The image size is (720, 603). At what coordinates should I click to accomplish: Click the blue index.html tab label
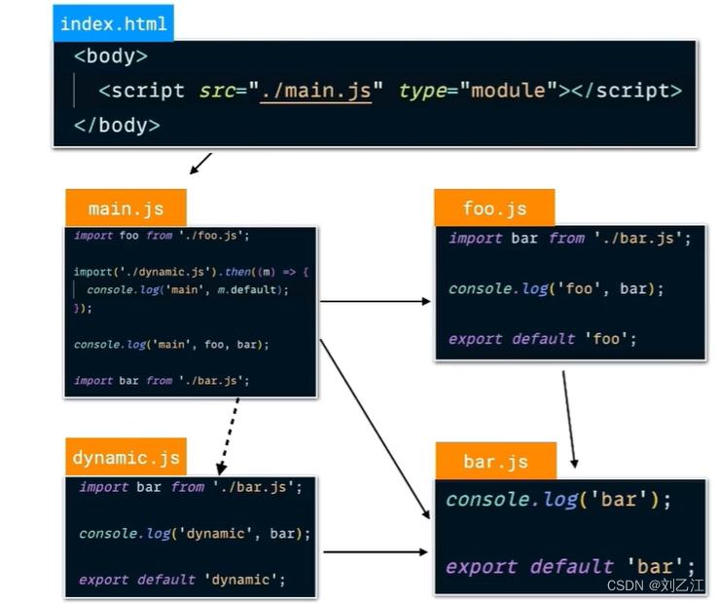pyautogui.click(x=113, y=22)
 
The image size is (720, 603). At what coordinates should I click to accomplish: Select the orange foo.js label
pyautogui.click(x=494, y=208)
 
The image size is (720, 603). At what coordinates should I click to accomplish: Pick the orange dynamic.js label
pyautogui.click(x=126, y=458)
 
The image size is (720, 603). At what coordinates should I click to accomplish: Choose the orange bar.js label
pyautogui.click(x=495, y=462)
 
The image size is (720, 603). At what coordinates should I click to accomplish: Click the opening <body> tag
pyautogui.click(x=111, y=57)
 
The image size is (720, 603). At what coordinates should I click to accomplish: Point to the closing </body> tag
pyautogui.click(x=117, y=125)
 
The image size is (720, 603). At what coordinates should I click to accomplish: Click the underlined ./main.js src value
pyautogui.click(x=315, y=91)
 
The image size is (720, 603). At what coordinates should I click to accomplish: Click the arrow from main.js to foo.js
pyautogui.click(x=376, y=301)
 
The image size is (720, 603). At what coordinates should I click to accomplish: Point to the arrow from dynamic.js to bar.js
pyautogui.click(x=376, y=551)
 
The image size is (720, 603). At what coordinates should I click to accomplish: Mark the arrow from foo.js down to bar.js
pyautogui.click(x=569, y=417)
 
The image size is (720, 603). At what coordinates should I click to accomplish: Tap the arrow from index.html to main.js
pyautogui.click(x=201, y=164)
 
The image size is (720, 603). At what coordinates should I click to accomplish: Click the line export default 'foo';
pyautogui.click(x=542, y=339)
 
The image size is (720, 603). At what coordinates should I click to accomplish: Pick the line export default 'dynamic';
pyautogui.click(x=182, y=580)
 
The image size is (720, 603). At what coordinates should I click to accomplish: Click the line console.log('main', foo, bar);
pyautogui.click(x=171, y=344)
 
